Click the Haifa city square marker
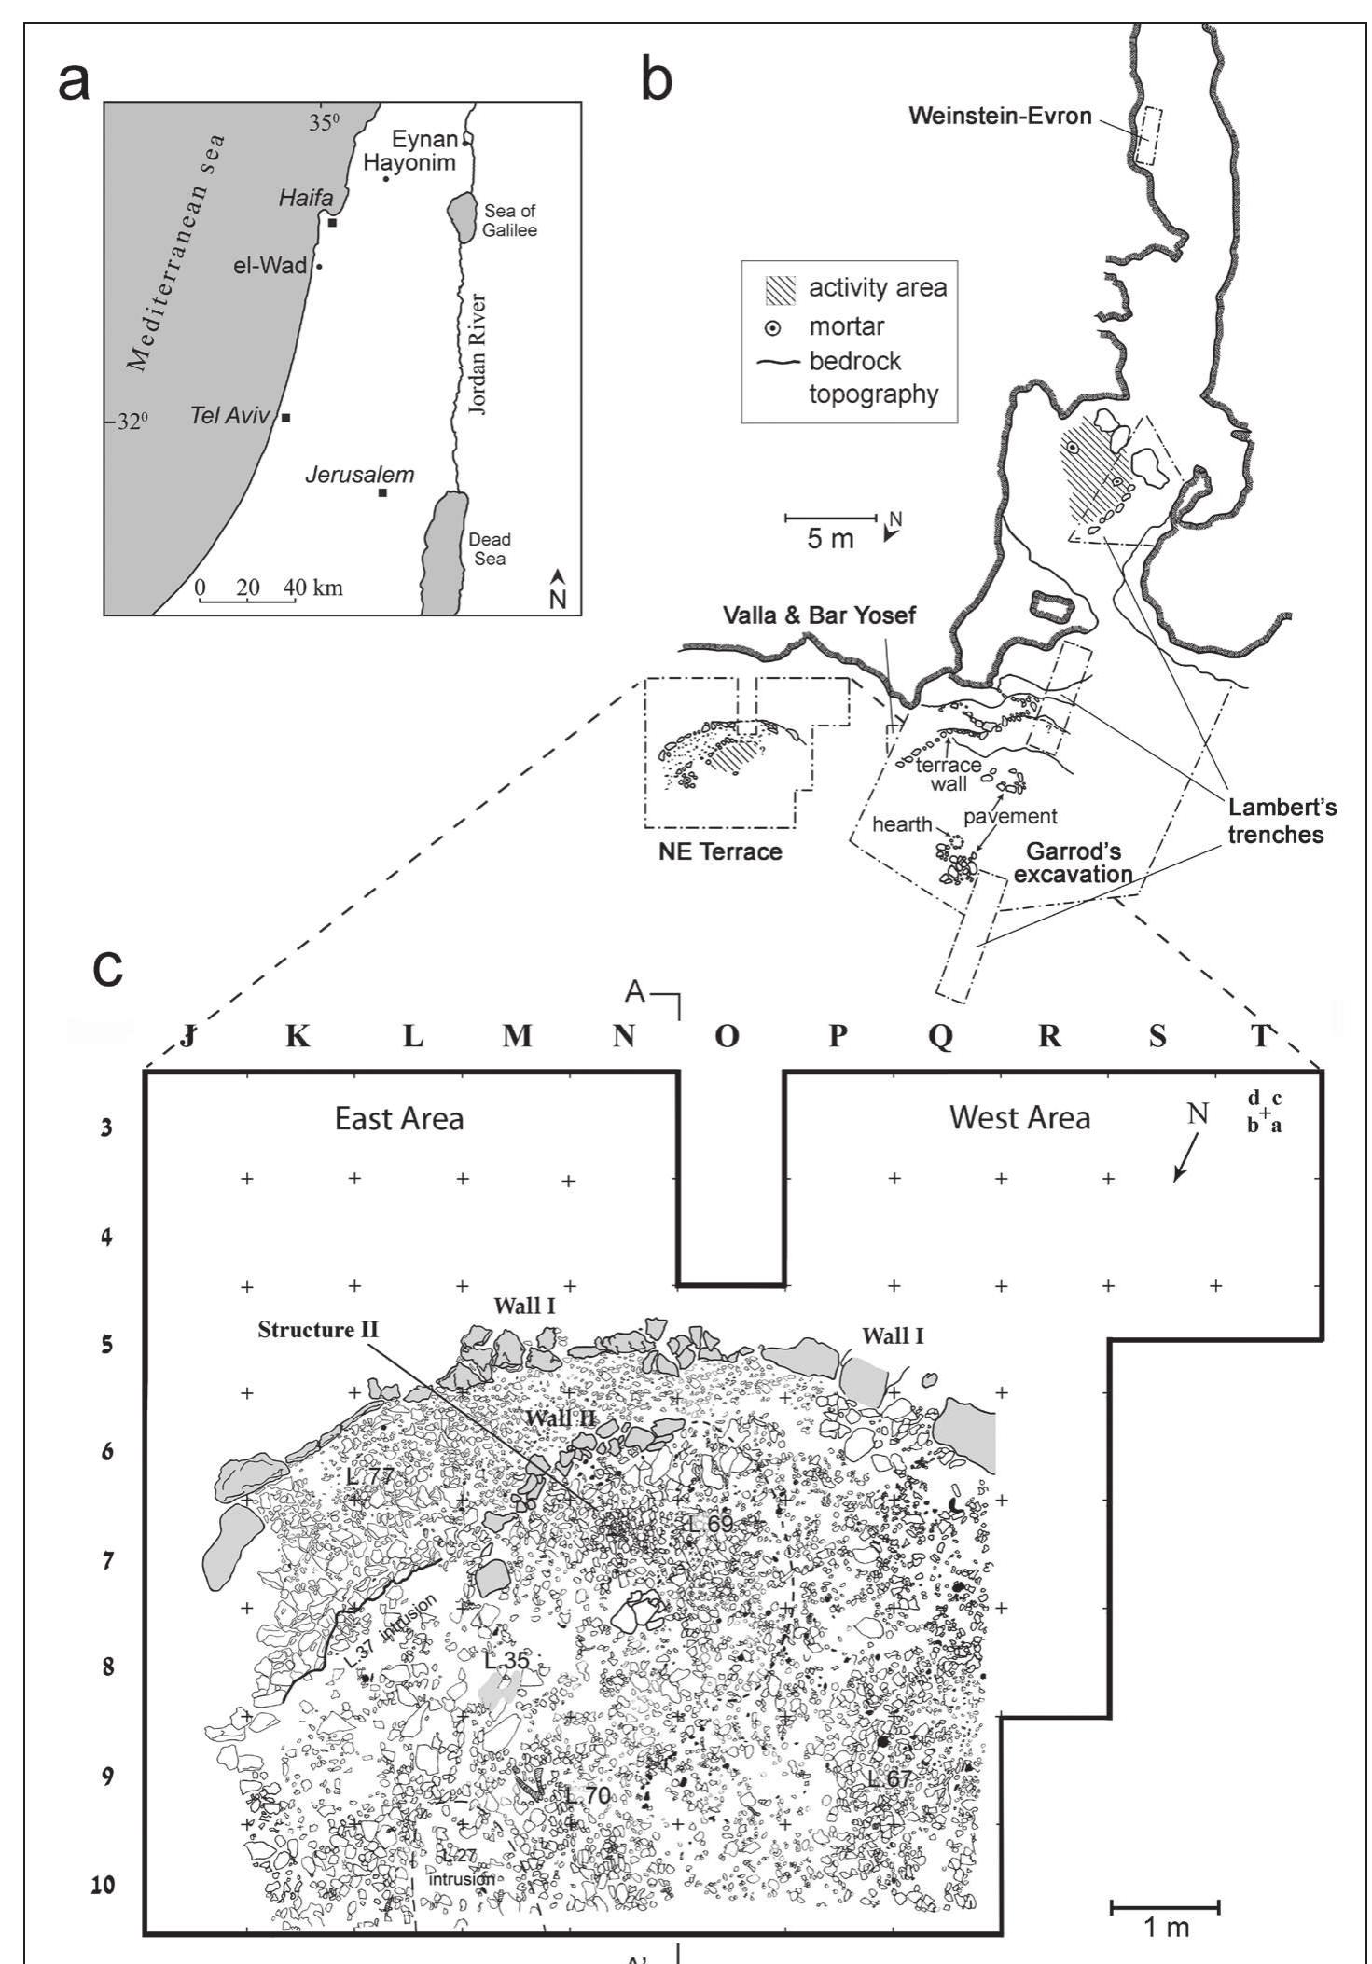[332, 221]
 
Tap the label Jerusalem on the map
[360, 475]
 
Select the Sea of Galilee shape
[460, 216]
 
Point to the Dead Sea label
[490, 548]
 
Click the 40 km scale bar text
[314, 588]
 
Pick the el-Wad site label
[270, 266]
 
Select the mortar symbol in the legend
[772, 328]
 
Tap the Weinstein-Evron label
[1000, 117]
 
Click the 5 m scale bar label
[830, 539]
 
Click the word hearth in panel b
[902, 823]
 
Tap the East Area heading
[399, 1118]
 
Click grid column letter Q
[942, 1037]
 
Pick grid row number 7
[108, 1560]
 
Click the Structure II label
[318, 1328]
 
